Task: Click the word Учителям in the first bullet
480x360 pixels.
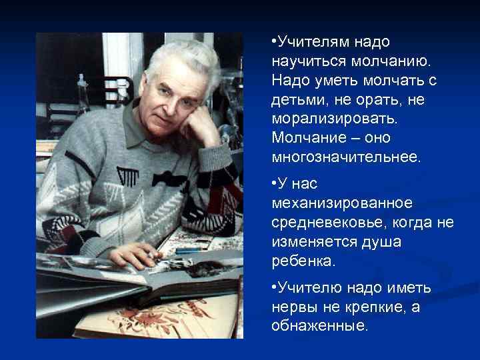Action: pos(311,42)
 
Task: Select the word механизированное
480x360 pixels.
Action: pos(342,201)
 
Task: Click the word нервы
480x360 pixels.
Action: pos(295,307)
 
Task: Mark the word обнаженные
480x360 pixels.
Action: pos(319,327)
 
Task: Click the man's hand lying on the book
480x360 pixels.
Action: pos(137,254)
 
